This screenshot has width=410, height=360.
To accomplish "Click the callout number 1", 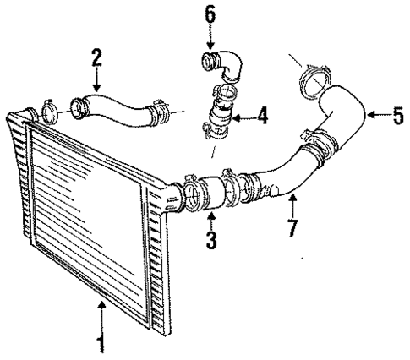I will tap(101, 344).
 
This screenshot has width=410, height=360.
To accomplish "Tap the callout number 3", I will tap(210, 240).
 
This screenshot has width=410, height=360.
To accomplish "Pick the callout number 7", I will tap(291, 228).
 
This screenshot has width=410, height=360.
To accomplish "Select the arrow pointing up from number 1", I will tap(101, 316).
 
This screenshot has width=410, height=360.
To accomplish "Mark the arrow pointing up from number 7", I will tap(291, 203).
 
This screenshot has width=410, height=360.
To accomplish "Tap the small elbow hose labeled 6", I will tap(222, 66).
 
